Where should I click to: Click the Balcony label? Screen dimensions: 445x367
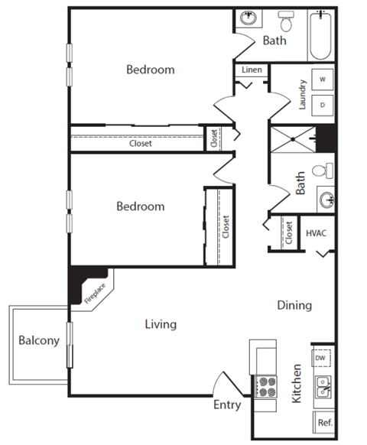[38, 341]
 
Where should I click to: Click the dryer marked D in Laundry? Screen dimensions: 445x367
[323, 105]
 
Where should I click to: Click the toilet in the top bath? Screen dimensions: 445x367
[286, 19]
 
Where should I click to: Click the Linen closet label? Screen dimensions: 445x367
[252, 70]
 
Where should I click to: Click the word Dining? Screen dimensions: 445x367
[294, 305]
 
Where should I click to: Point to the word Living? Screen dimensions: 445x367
[161, 324]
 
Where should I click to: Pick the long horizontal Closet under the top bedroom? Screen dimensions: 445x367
[139, 143]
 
